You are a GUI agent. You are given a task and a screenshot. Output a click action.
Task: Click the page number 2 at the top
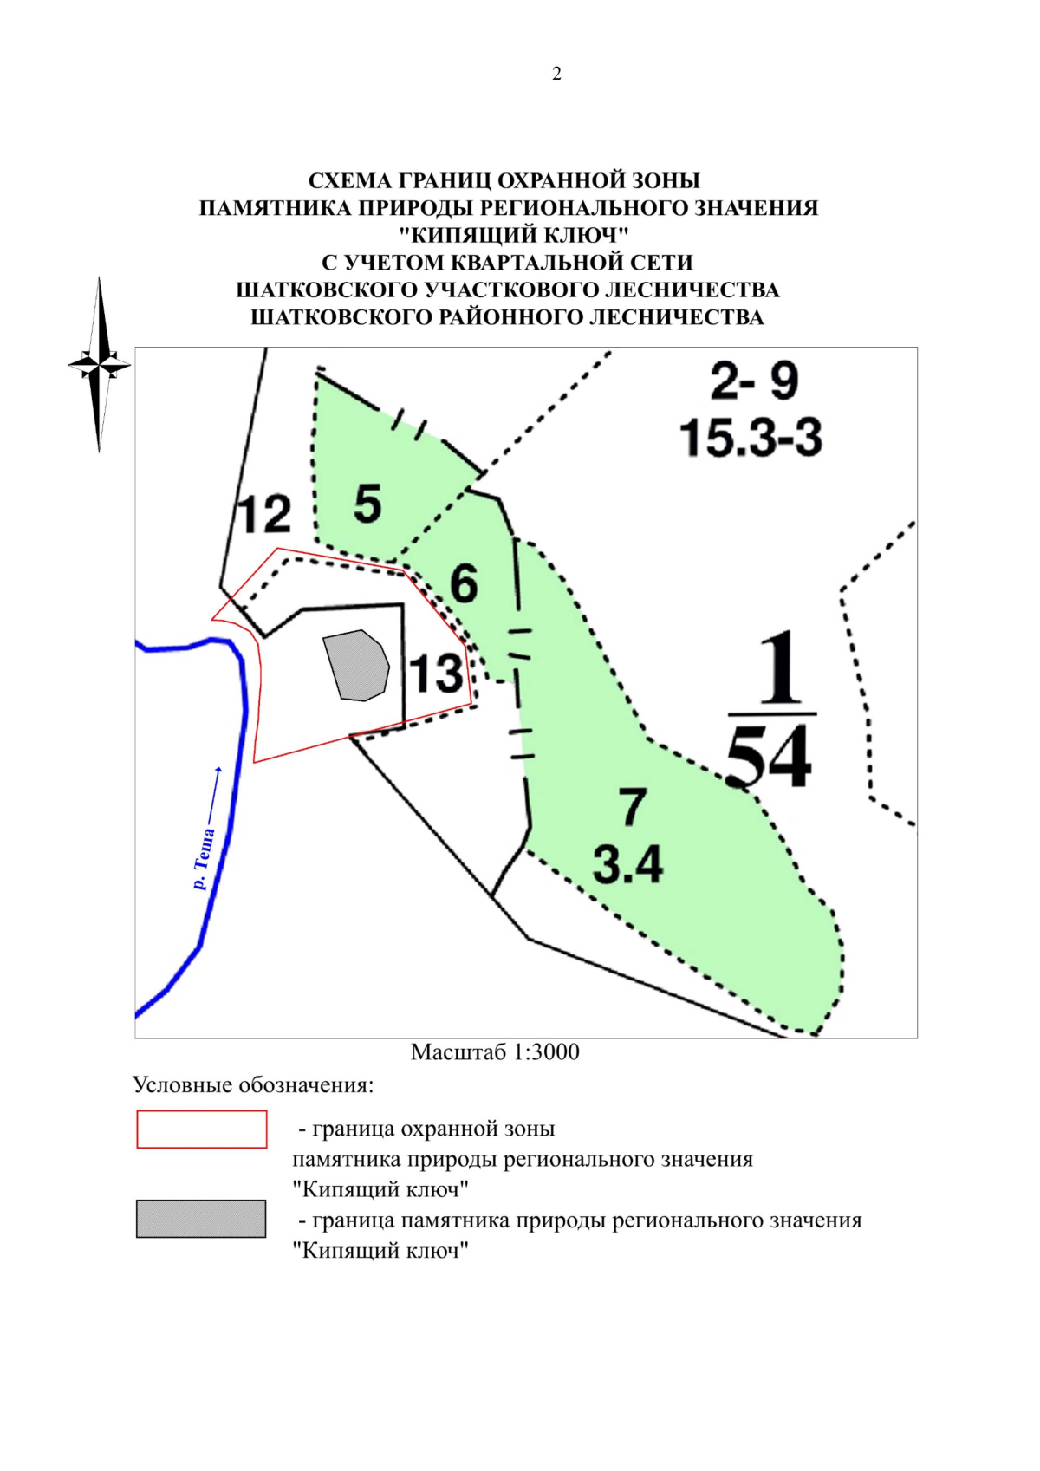(556, 74)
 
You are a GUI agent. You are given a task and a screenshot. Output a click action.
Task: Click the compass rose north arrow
(100, 364)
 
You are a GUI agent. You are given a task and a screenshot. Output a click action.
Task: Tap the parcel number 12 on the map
(264, 515)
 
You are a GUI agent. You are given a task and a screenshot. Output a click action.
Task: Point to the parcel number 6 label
(464, 583)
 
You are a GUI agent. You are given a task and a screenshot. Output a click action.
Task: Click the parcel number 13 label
(436, 674)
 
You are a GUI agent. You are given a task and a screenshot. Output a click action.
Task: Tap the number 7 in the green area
(632, 806)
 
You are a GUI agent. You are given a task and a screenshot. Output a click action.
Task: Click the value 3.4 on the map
(627, 864)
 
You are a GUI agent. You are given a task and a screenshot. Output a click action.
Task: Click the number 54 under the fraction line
(769, 757)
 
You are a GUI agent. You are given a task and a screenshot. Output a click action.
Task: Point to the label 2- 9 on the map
(753, 381)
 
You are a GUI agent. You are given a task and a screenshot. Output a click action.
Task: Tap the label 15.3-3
(751, 437)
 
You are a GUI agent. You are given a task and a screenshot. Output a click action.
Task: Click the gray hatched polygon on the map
(355, 665)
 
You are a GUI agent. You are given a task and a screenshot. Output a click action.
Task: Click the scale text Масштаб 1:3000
(495, 1051)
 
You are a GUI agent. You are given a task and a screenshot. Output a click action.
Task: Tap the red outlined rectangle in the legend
(201, 1129)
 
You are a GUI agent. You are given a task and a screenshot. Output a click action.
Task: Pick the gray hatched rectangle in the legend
(201, 1218)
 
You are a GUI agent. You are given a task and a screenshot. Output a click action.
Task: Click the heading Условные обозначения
(253, 1084)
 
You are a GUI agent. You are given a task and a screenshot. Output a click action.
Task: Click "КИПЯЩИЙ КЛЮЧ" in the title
(514, 235)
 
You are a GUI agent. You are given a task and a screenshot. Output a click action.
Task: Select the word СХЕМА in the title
(349, 180)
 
